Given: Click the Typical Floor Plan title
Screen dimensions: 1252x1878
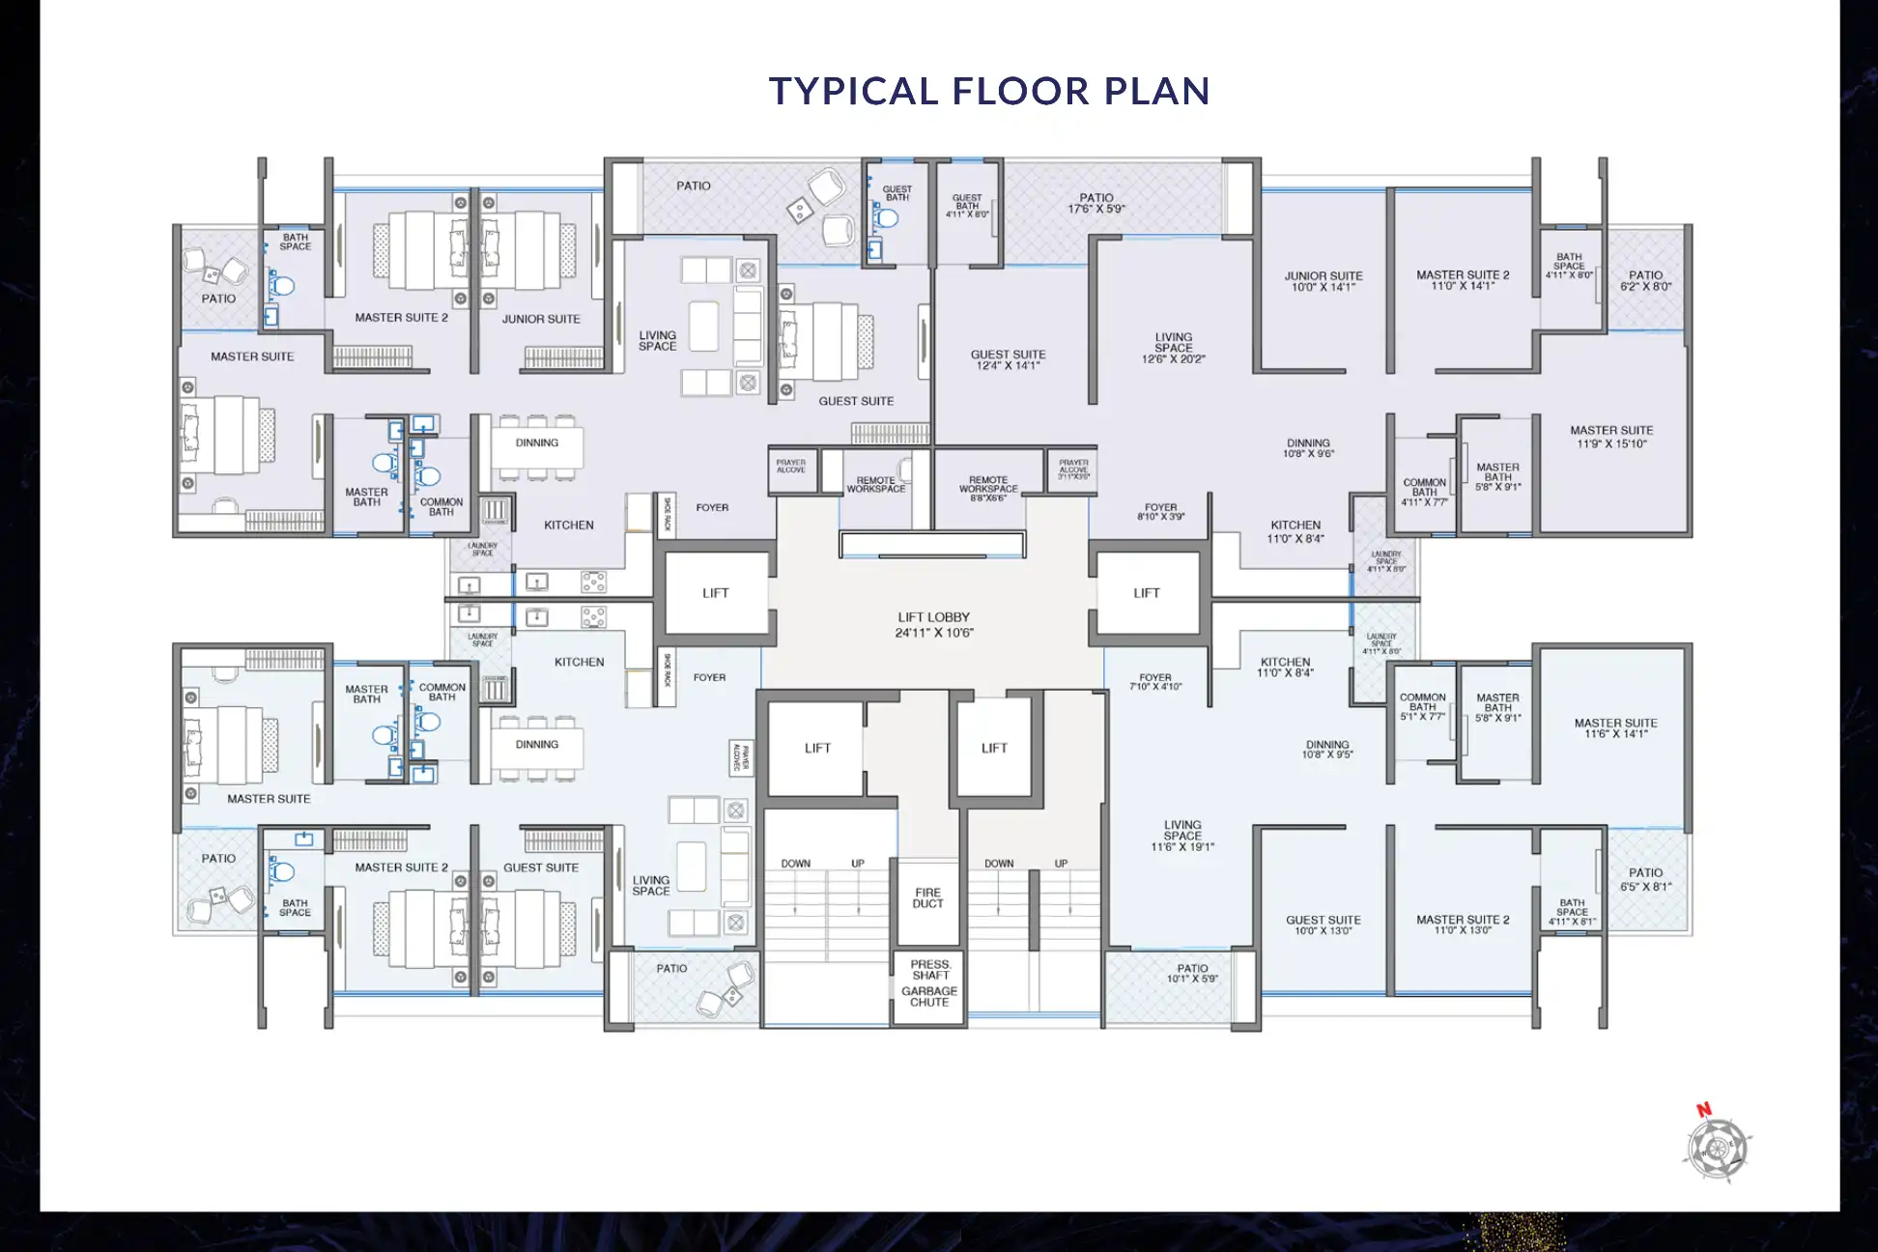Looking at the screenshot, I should tap(988, 91).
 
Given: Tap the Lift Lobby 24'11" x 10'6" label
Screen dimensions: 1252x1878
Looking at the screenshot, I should tap(933, 625).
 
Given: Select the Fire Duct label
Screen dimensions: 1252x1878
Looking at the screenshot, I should tap(927, 898).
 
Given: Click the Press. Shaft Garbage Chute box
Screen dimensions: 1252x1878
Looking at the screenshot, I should tap(929, 983).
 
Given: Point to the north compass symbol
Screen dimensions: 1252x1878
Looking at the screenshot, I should tap(1717, 1146).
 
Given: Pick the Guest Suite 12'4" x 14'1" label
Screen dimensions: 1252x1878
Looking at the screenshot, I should tap(1008, 359).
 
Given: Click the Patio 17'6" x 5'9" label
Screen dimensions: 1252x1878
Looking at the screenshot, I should tap(1095, 203).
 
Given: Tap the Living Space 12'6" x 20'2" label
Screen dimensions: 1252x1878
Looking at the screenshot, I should tap(1173, 348).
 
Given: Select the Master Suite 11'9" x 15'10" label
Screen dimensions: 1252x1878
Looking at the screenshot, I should tap(1611, 437).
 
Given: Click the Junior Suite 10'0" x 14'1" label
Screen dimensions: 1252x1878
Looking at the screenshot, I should tap(1323, 281).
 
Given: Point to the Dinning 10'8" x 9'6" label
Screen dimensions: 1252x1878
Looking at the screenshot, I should tap(1308, 448).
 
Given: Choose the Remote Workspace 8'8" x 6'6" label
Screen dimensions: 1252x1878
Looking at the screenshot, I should tap(988, 489).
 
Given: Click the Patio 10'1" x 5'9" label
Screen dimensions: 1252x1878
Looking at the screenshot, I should tap(1192, 973).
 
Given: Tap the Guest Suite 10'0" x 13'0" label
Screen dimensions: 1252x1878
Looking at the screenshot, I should tap(1323, 925).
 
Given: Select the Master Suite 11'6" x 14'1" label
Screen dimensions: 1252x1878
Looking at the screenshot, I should tap(1615, 728).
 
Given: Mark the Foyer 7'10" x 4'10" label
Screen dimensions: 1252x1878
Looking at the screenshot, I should tap(1155, 682).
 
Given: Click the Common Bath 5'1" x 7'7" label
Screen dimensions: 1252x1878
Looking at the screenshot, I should tap(1422, 706).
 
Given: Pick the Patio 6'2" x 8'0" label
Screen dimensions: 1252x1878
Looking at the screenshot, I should tap(1645, 281).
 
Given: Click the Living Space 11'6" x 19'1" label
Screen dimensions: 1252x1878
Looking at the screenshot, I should tap(1182, 836).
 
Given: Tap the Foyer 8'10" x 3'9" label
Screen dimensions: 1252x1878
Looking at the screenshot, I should tap(1160, 512).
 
